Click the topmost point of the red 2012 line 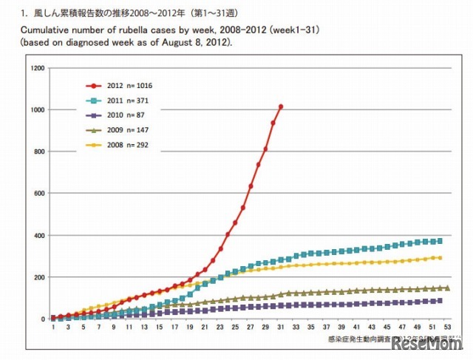[281, 106]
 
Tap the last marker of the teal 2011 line [440, 241]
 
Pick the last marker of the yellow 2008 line [440, 258]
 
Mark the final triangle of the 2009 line [447, 288]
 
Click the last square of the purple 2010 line [440, 301]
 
